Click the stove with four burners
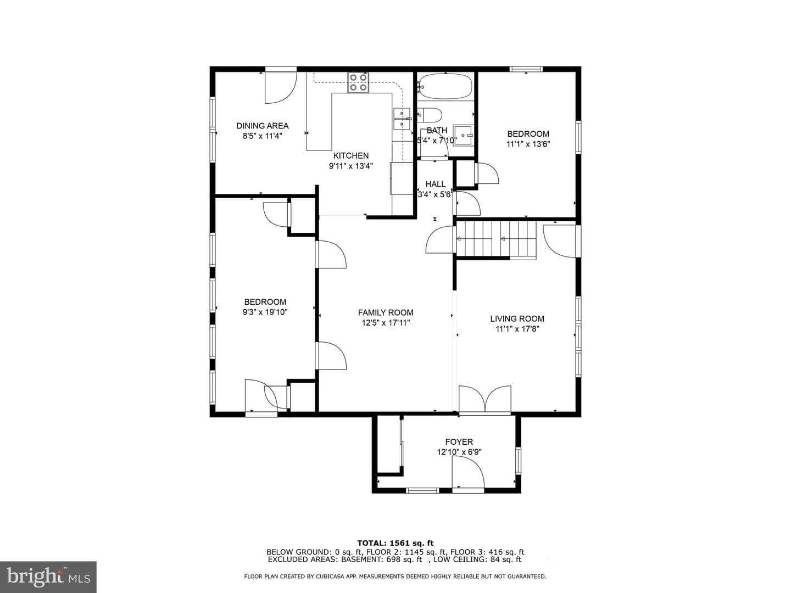(358, 82)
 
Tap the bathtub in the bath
(445, 86)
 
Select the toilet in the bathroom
(430, 115)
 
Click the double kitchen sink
(402, 119)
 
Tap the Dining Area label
(263, 126)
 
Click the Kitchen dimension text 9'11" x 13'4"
(350, 166)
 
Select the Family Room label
(386, 312)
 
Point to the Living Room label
(517, 318)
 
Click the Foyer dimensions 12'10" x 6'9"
(459, 452)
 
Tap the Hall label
(435, 184)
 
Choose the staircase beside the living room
(496, 240)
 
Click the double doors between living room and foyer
(484, 399)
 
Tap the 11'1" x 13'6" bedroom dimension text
(528, 144)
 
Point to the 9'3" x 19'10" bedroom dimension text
(265, 312)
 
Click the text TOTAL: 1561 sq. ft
(396, 543)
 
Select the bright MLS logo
(48, 577)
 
